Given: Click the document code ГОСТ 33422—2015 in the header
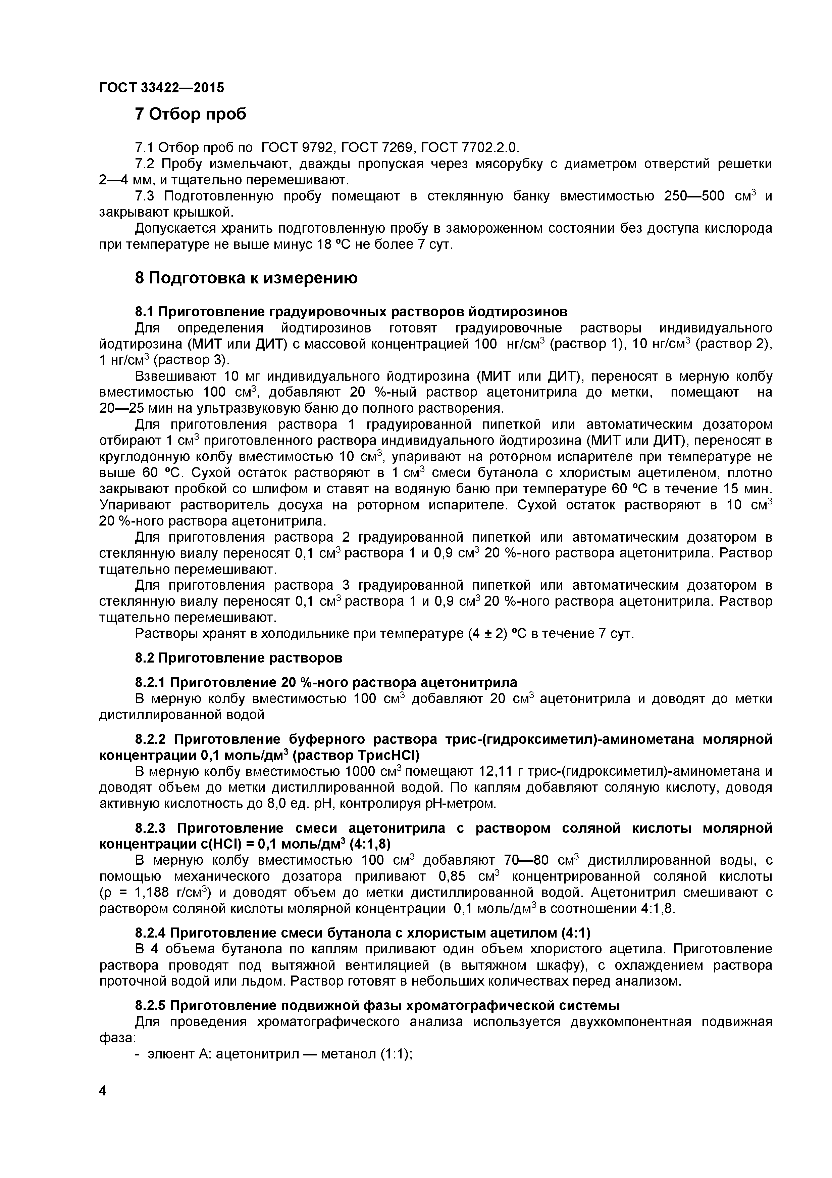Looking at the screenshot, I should coord(161,88).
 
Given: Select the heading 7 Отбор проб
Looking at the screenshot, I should coord(190,114).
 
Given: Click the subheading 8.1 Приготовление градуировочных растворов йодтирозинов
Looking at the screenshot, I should coord(351,312).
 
